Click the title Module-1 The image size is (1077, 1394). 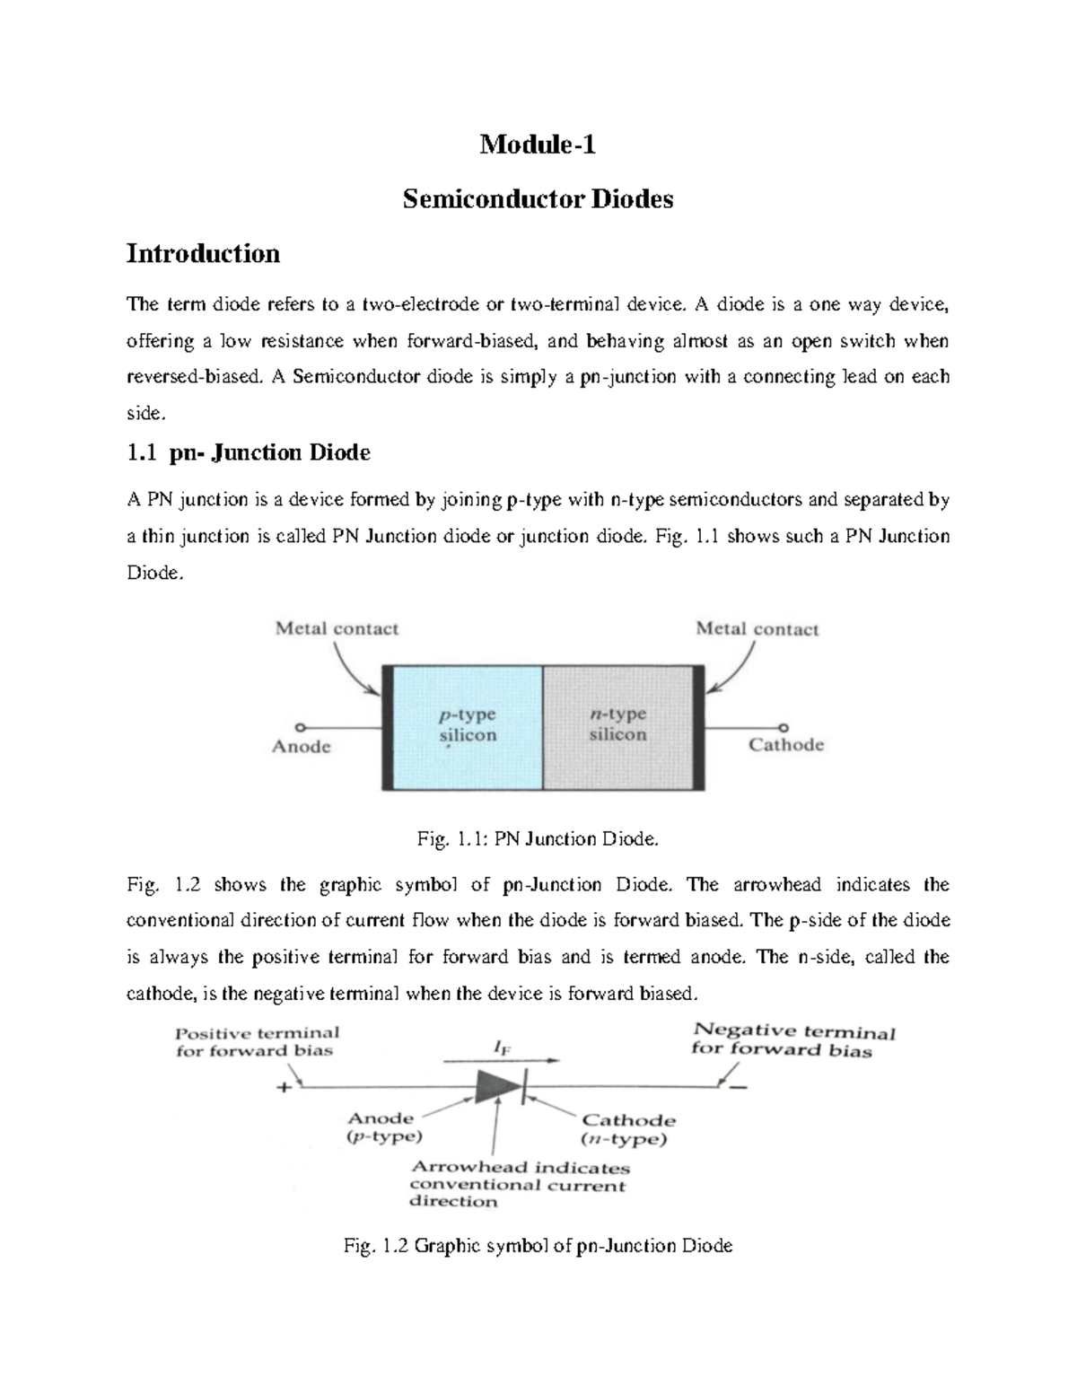[538, 144]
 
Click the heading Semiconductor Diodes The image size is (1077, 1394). [538, 198]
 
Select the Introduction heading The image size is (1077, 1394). [203, 253]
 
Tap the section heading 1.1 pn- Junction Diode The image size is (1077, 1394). [249, 452]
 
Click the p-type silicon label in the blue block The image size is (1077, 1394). [467, 725]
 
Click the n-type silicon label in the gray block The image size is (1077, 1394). [617, 724]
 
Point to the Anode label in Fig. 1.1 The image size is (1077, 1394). [302, 747]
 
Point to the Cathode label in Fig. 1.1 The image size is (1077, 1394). [786, 745]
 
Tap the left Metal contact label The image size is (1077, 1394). [337, 629]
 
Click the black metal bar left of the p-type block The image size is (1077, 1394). [388, 727]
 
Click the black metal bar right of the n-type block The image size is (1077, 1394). [697, 727]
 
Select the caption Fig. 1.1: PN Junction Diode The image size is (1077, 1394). [538, 839]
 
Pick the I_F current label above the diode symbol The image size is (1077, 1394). [498, 1047]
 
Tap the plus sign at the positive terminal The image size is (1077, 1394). [284, 1087]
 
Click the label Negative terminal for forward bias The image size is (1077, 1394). [793, 1040]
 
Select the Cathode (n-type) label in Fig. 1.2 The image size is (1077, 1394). [627, 1129]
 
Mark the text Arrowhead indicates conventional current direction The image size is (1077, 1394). [519, 1185]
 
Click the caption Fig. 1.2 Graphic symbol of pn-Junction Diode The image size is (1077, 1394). [538, 1246]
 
